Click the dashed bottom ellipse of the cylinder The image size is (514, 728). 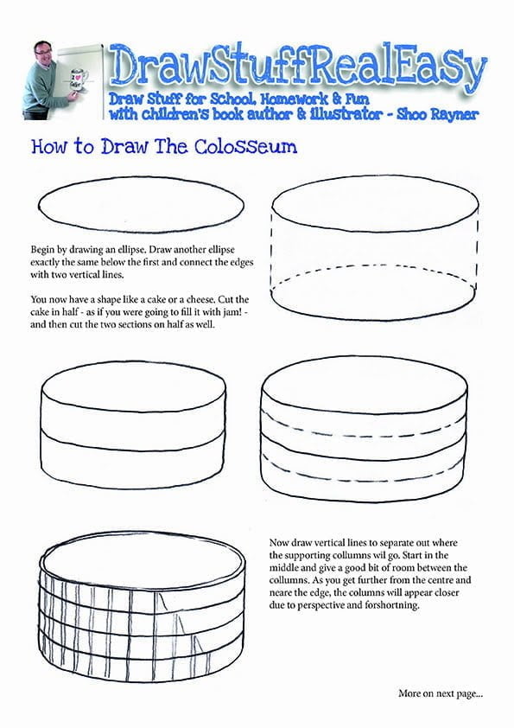(376, 285)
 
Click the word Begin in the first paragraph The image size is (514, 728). (43, 248)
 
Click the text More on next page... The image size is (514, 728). (441, 693)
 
